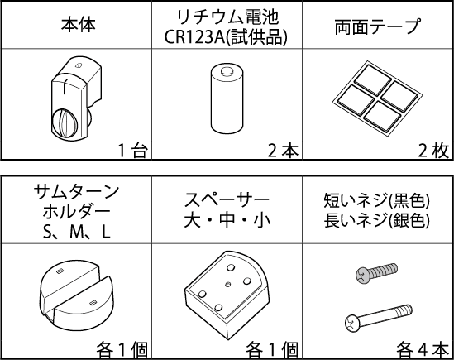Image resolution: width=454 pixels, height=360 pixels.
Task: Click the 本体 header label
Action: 79,25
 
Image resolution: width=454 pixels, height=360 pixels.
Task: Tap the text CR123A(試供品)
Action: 226,36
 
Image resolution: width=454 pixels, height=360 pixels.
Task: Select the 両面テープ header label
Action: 378,26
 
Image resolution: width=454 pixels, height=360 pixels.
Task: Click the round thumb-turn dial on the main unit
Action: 65,123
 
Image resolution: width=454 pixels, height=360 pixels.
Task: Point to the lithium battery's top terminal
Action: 227,71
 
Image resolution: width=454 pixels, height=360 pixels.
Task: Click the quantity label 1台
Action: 133,151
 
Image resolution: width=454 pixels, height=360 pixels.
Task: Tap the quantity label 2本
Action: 283,151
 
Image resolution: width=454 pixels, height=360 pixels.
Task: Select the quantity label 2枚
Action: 433,151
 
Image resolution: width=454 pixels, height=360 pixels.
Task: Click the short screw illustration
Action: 376,272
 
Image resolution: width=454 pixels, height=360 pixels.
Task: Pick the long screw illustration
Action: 379,318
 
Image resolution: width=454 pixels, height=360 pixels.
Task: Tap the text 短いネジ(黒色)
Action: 377,200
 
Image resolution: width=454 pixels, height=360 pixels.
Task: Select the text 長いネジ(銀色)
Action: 377,220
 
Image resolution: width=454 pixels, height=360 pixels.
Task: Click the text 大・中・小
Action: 227,220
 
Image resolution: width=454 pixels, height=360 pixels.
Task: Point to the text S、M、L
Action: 76,232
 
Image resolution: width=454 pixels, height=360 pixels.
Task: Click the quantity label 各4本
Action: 423,349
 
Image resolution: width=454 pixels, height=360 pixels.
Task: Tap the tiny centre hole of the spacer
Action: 228,284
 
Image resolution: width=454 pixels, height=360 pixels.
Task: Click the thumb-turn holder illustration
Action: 76,296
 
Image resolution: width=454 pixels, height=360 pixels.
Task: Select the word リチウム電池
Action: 227,17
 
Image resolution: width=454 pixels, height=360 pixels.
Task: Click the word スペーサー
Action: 227,200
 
